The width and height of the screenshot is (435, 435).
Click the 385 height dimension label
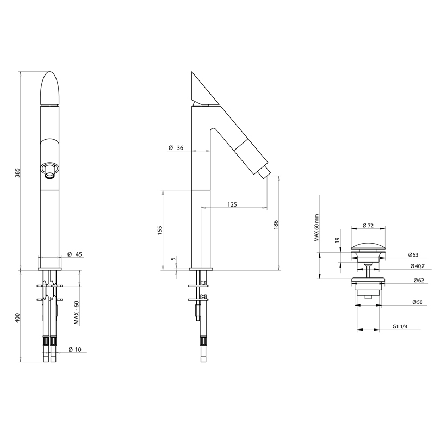click(x=17, y=173)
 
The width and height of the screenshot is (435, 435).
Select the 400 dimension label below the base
click(x=17, y=318)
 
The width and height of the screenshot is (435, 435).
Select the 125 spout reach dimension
click(x=232, y=204)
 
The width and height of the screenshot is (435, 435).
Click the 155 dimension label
click(x=160, y=230)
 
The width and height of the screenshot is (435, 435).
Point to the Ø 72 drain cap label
click(x=368, y=226)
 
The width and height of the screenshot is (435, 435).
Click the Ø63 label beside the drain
click(x=412, y=254)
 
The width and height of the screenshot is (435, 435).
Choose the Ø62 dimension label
click(x=412, y=280)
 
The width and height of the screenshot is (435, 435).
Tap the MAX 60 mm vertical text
click(x=315, y=228)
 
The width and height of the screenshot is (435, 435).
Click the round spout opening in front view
click(x=49, y=170)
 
